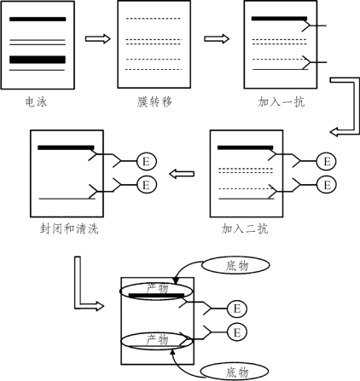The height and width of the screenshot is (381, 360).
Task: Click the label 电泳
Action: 36,101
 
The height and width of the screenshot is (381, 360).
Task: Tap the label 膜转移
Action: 154,101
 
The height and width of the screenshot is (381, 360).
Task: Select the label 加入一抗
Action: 281,101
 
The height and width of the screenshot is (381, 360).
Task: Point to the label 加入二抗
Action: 245,228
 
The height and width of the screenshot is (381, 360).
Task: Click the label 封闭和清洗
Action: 69,228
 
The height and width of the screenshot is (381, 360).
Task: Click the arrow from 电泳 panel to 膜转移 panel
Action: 97,38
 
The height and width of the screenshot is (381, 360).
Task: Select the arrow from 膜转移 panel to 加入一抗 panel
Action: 217,38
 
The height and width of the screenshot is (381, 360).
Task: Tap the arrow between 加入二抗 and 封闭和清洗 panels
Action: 182,174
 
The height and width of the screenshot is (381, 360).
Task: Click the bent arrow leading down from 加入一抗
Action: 354,108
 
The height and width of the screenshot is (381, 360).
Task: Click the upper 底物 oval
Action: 235,265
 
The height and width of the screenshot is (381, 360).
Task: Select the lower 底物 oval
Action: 235,372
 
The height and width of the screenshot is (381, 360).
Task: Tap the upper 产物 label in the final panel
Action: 157,288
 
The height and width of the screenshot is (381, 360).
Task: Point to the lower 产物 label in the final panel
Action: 157,339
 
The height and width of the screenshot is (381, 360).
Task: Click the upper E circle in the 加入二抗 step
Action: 327,161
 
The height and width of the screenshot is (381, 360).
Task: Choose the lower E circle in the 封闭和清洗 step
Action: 147,185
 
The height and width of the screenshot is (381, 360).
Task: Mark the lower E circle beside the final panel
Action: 237,332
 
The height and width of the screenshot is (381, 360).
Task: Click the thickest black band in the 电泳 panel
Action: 38,60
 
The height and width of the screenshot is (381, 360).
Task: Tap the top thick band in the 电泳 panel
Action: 38,19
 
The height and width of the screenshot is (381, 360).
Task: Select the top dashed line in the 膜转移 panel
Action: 154,19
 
